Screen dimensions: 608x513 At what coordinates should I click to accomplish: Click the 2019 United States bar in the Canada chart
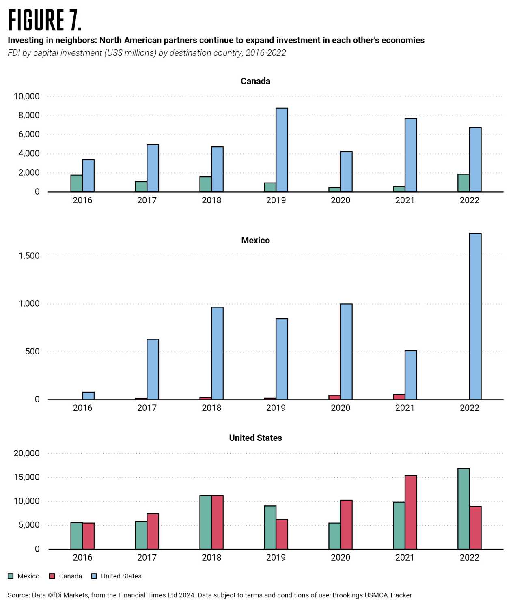tap(282, 150)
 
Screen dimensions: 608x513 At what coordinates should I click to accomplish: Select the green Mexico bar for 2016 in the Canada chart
tap(76, 183)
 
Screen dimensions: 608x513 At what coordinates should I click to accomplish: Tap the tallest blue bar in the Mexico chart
tap(475, 316)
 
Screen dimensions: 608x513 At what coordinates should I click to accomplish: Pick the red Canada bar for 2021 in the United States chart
tap(411, 512)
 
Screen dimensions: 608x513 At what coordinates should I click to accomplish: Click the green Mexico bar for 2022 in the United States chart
tap(463, 509)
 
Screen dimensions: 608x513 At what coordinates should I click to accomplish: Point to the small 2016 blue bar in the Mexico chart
tap(88, 395)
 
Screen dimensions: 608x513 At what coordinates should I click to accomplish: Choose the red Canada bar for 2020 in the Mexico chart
tap(334, 397)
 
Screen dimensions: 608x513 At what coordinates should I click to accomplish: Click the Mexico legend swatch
tap(11, 576)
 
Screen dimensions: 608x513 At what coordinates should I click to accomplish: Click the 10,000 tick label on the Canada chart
tap(27, 97)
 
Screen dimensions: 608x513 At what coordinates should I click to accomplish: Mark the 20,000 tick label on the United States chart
tap(27, 453)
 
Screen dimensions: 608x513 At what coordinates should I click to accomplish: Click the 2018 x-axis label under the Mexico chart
tap(211, 408)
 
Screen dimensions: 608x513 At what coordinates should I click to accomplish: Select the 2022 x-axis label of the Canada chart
tap(470, 200)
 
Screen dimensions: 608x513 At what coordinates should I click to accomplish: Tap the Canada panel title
tap(255, 81)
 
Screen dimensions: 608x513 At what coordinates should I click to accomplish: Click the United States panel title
tap(255, 438)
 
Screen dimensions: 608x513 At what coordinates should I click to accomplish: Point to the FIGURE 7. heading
tap(45, 20)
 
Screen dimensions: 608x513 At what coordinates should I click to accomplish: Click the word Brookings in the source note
tap(347, 595)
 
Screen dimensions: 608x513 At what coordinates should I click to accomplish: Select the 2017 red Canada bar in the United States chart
tap(153, 531)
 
